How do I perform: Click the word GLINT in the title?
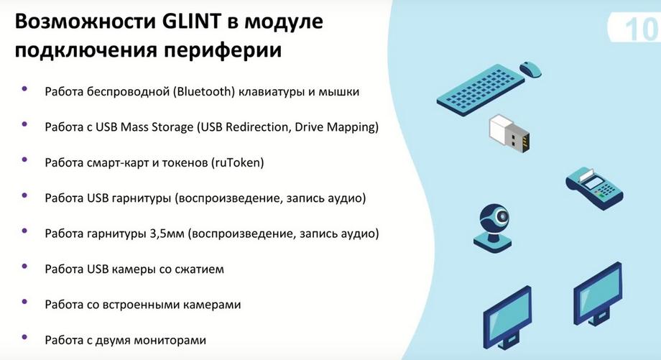191,21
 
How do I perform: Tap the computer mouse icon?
531,69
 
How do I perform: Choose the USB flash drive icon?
509,133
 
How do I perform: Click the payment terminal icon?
593,188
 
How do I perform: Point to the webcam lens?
502,217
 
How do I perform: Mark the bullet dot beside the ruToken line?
24,160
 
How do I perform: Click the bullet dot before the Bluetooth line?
24,89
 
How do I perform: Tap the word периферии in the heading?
223,50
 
